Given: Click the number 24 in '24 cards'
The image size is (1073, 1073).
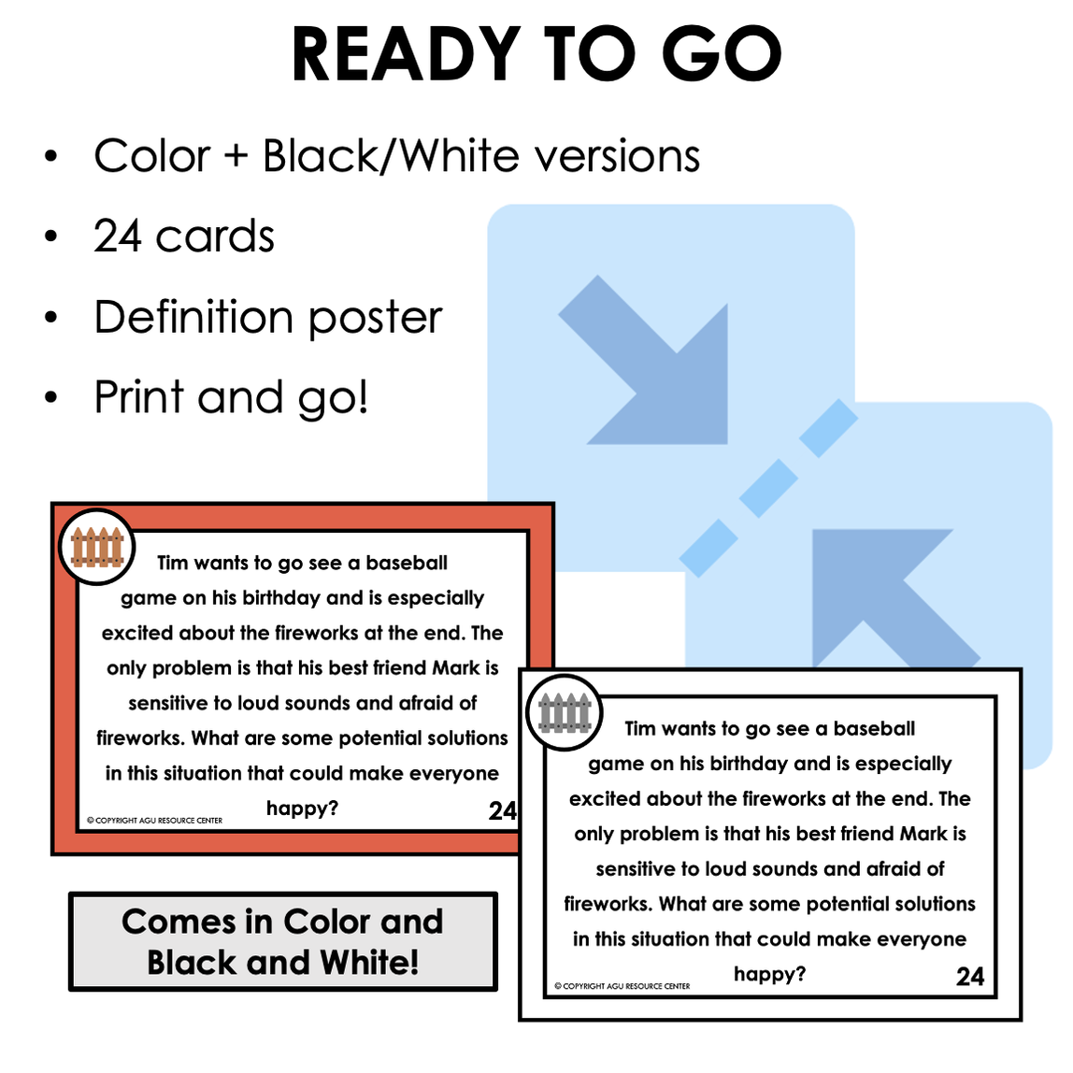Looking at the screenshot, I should (118, 236).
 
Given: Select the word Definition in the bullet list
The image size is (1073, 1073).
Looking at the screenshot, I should (193, 317).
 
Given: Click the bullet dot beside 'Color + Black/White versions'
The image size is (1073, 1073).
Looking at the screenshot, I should (51, 156).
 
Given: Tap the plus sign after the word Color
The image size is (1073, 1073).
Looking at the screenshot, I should (236, 157).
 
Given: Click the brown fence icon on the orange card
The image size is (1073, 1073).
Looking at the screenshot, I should (97, 548).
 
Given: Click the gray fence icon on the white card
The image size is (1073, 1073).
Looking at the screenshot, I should (565, 713).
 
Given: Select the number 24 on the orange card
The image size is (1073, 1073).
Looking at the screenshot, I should (502, 810).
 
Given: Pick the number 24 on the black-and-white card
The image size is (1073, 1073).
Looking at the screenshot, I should (969, 977).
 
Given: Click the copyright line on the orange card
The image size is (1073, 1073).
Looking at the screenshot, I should (155, 821).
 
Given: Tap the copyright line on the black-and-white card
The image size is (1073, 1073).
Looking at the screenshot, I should (622, 986).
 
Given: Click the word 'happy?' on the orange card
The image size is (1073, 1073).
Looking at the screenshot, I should (302, 808).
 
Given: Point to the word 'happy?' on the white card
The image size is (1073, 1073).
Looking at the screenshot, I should (769, 974).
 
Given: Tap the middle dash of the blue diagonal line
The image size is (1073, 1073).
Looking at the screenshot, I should (767, 487).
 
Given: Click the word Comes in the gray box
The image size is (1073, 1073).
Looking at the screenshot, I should (178, 922).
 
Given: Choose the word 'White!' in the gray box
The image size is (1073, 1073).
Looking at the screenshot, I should (369, 963).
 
